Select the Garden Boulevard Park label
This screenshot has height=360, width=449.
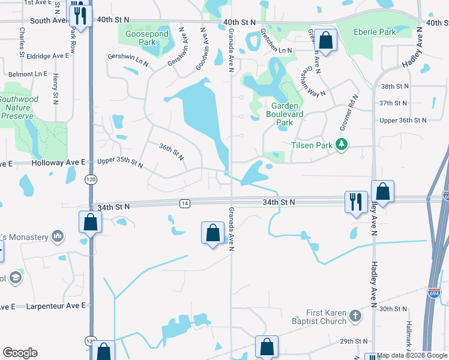click(285, 113)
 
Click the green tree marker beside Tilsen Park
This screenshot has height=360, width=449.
click(342, 144)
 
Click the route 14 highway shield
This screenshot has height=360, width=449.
click(184, 204)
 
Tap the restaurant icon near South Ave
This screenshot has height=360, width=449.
click(79, 14)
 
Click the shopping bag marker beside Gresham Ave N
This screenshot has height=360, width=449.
click(326, 41)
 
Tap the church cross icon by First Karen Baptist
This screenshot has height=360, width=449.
click(355, 316)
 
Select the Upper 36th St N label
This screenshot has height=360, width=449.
click(403, 120)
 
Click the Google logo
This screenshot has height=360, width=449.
click(20, 352)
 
